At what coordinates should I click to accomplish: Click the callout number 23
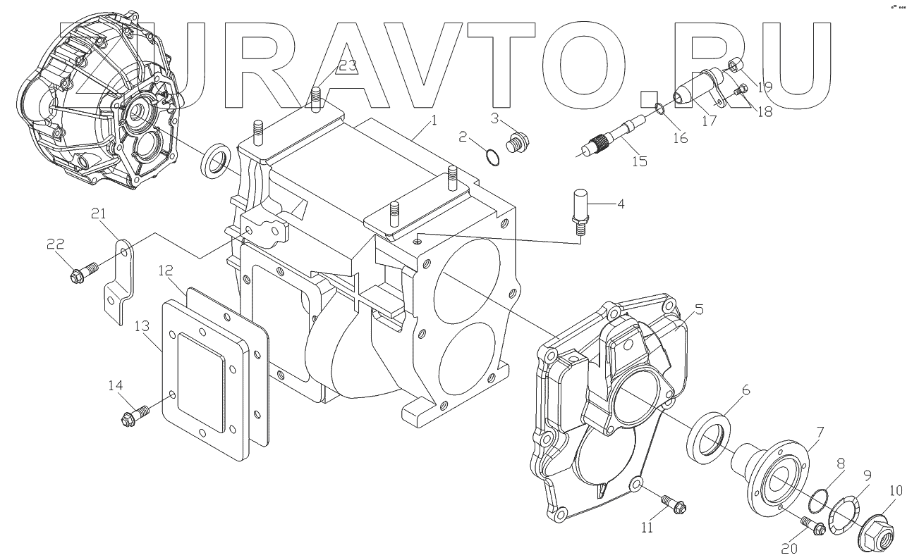click(347, 66)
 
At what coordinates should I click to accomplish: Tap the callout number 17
click(710, 120)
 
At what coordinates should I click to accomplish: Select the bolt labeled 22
click(80, 272)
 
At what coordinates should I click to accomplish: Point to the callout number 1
click(434, 120)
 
